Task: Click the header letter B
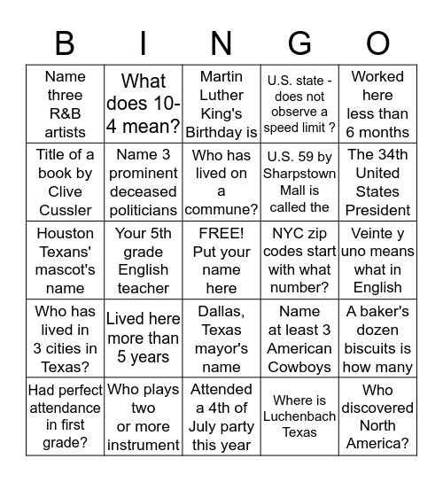click(65, 43)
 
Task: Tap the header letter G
click(299, 43)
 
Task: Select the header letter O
click(377, 43)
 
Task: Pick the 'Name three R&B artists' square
click(65, 105)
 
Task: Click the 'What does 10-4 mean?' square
click(144, 105)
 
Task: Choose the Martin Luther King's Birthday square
click(221, 105)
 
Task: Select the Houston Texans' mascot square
click(65, 260)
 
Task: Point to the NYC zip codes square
click(299, 260)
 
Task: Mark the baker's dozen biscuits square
click(378, 339)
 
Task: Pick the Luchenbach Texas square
click(299, 416)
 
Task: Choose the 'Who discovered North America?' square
click(378, 416)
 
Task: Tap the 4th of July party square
click(221, 416)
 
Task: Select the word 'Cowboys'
click(299, 367)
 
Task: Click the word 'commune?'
click(221, 210)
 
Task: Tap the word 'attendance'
click(65, 408)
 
